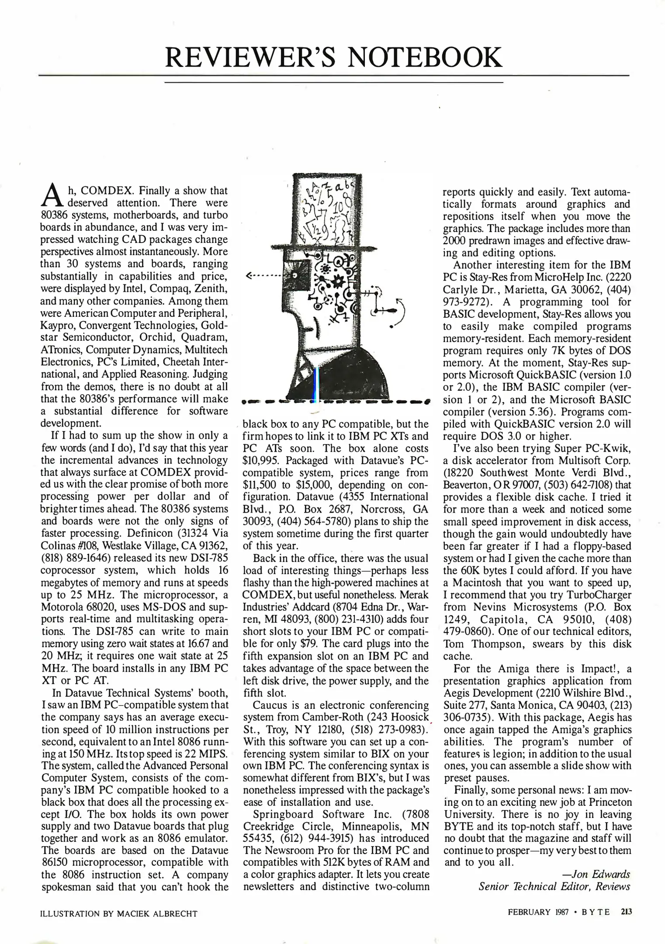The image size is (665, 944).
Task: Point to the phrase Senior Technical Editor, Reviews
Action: pos(554,886)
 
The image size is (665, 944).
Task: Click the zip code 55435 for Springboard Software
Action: pos(258,838)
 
